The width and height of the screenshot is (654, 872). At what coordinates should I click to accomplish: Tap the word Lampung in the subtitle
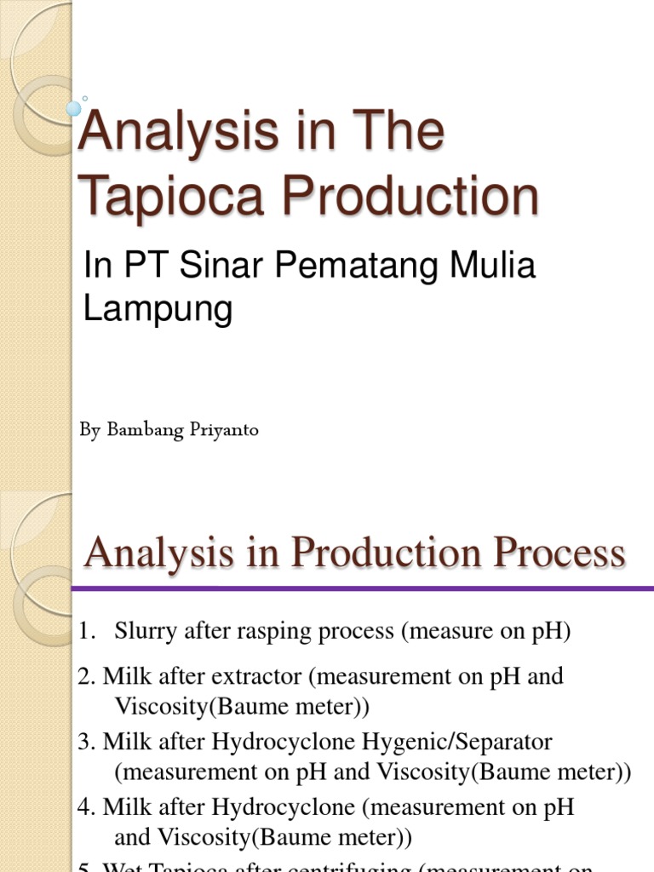coord(158,308)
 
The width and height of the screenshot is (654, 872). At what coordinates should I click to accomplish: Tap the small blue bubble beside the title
coord(74,108)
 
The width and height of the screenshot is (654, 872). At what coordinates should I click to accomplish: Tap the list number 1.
coord(85,632)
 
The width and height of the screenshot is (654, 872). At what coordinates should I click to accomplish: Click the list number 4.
coord(86,806)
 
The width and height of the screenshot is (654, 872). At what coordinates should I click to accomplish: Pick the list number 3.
coord(86,742)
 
